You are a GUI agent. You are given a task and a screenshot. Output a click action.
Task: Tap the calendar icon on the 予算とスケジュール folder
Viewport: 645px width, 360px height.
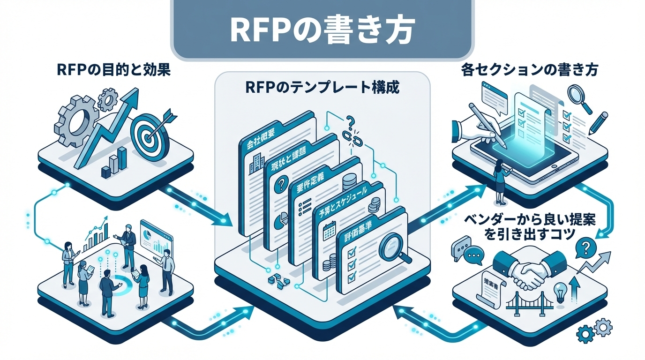(329, 231)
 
